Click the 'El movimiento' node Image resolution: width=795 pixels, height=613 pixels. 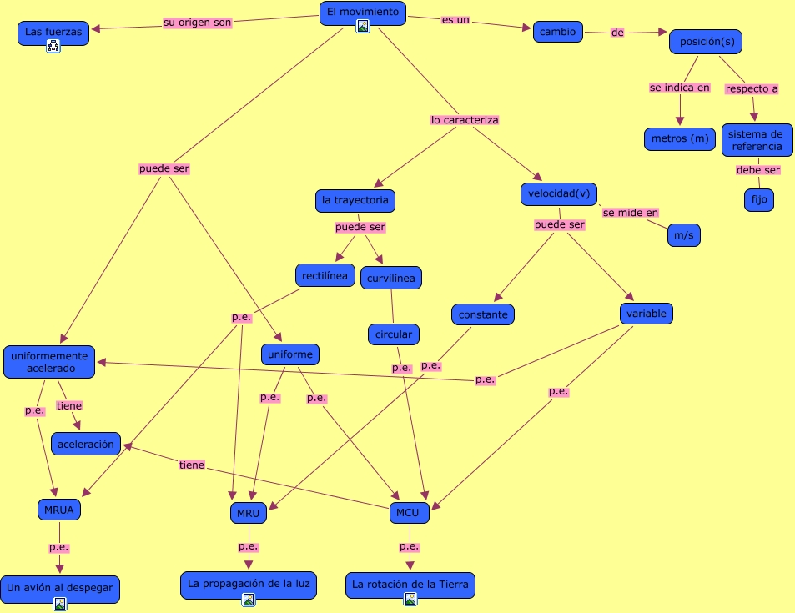coord(362,12)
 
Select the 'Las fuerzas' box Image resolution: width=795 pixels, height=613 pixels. coord(53,32)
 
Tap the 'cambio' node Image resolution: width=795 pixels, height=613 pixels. coord(557,32)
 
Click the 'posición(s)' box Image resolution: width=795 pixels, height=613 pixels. coord(705,42)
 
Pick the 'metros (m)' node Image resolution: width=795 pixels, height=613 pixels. coord(680,138)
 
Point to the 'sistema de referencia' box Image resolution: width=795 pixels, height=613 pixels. coord(757,139)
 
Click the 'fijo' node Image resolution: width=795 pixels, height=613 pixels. coord(758,200)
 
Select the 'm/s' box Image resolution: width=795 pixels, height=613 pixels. coord(683,236)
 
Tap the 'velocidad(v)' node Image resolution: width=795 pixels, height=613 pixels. coord(558,194)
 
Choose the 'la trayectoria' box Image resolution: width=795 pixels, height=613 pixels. coord(355,200)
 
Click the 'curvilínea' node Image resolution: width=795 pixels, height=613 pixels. coord(391,278)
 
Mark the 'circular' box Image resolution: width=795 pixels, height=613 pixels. coord(393,334)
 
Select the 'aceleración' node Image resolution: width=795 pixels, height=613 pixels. coord(86,444)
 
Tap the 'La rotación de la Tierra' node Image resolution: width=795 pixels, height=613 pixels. coord(410,584)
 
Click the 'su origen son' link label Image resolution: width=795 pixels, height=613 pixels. coord(198,23)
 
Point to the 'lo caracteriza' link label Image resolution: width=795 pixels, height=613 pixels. coord(465,120)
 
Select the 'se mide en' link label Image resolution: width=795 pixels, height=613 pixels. coord(631,213)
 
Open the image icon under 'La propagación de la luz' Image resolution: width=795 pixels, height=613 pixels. coord(248,600)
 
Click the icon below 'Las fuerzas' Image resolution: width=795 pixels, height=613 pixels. coord(53,47)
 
